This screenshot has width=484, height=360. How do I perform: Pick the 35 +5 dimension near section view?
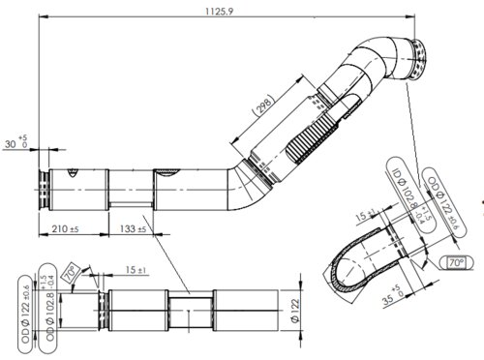tap(391, 295)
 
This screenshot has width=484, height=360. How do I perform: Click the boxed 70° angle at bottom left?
tap(71, 275)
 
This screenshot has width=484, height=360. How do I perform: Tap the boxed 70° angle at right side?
tap(455, 261)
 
